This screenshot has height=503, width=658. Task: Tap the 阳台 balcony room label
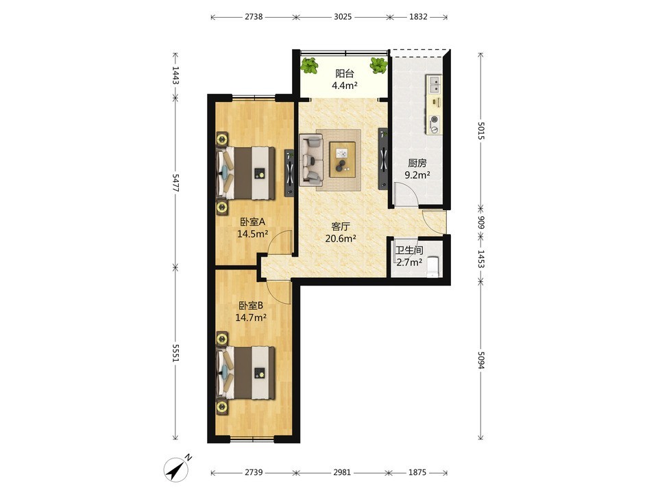tap(345, 74)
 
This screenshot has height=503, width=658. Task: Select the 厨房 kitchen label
tap(417, 163)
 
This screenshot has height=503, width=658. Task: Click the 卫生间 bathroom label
tap(409, 250)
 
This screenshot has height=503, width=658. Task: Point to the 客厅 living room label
tap(341, 227)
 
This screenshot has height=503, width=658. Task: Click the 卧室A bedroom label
tap(253, 222)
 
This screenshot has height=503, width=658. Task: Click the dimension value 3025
tap(343, 16)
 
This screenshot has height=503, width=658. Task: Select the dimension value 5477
tap(176, 183)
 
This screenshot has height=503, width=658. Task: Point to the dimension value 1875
tap(417, 472)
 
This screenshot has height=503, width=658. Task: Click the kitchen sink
tap(435, 84)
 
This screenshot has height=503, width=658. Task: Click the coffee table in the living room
tap(343, 159)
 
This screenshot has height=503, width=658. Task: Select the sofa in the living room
tap(311, 159)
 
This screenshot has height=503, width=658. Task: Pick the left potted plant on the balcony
tap(310, 66)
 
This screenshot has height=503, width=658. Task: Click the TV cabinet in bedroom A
tap(289, 172)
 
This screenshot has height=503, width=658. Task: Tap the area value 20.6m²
tap(341, 239)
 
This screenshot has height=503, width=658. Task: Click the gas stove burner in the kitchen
tap(435, 120)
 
